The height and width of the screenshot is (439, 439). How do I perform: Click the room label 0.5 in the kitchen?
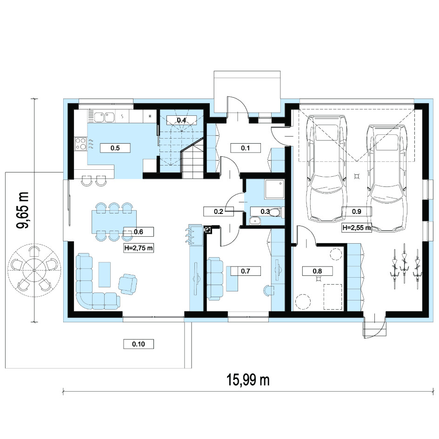point(115,148)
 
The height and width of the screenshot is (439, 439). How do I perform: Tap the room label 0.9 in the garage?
point(356,212)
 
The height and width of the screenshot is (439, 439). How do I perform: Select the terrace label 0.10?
point(139,344)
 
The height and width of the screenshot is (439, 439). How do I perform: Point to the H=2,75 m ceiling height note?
point(139,248)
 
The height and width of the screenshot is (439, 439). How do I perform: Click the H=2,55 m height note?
point(357,227)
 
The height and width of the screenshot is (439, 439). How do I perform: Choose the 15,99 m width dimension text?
point(248,380)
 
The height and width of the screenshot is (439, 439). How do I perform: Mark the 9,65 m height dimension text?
point(23,210)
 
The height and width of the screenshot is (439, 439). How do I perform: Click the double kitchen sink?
point(104,117)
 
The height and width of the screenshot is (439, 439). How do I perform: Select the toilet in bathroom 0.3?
point(275,212)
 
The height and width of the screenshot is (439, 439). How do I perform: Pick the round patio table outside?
point(33,270)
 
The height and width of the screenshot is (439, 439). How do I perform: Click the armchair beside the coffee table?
point(128,284)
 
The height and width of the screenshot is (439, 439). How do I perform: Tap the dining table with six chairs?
point(114,221)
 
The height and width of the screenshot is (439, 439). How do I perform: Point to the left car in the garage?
point(326,169)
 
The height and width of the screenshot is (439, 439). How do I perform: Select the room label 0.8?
point(317,271)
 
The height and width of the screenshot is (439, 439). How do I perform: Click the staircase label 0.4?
point(181,120)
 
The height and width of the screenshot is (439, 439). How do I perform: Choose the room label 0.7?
point(245,271)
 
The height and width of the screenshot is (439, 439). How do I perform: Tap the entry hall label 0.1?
point(246,148)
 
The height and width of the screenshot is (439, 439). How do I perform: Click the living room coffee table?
point(105,274)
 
